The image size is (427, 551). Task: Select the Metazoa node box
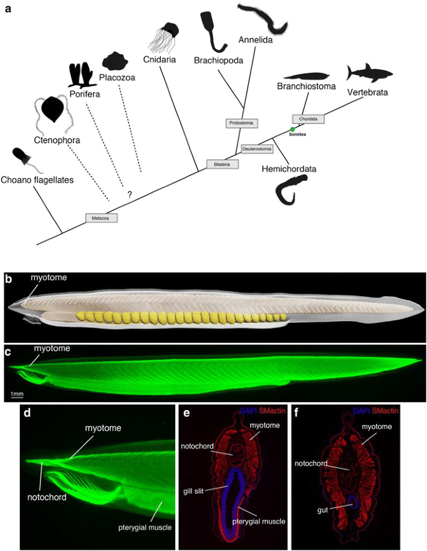[101, 218]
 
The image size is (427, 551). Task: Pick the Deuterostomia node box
[257, 149]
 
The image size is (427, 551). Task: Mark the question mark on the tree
[130, 194]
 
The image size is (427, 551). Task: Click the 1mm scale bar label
[17, 393]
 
